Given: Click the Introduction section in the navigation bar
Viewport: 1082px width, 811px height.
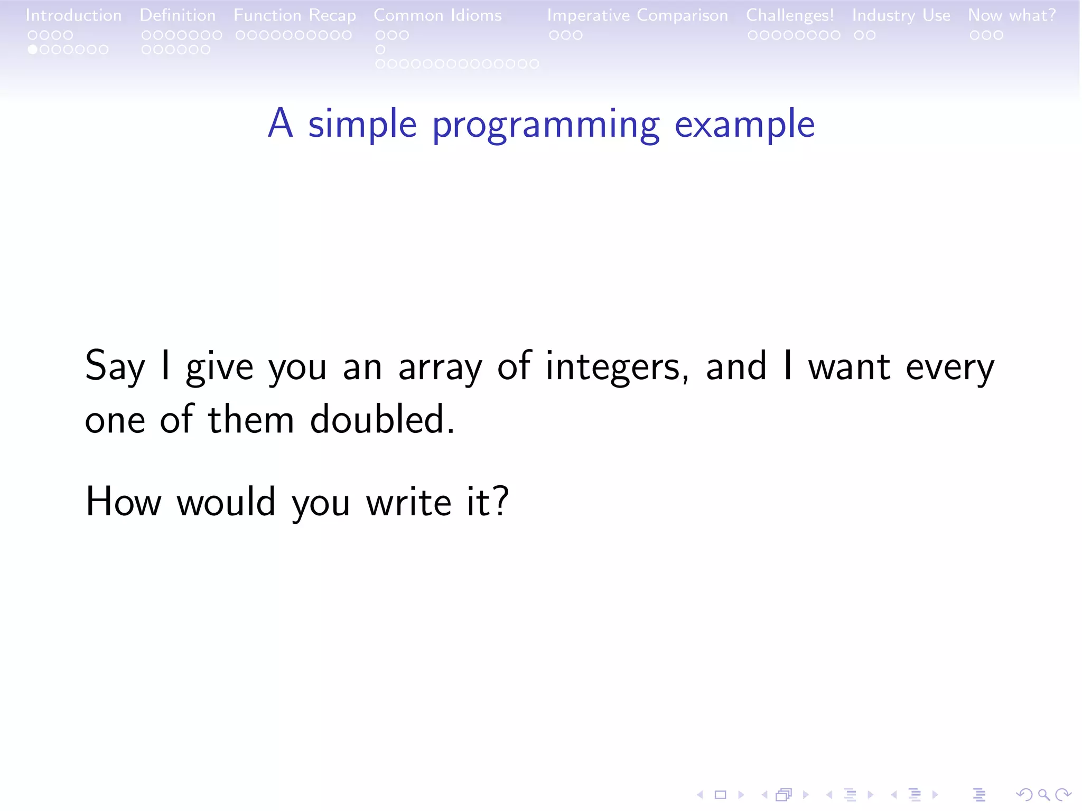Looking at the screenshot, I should coord(73,15).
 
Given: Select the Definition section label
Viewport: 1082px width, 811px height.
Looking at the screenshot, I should coord(178,15).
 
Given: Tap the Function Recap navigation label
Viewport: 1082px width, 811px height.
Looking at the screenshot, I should coord(295,15).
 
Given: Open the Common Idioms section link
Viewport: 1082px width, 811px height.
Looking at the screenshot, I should coord(437,15).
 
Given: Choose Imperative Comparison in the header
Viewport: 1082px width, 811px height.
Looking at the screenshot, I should coord(637,15).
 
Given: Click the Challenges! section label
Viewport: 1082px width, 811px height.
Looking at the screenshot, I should coord(790,15).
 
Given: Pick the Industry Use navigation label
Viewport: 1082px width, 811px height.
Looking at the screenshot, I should coord(901,15).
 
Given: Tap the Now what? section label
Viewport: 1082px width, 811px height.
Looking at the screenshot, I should coord(1012,15).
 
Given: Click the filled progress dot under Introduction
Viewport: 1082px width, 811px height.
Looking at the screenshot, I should coord(33,50).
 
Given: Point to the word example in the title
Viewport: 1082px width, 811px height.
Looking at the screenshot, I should coord(744,125).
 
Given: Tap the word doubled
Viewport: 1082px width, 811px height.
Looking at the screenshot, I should coord(381,420).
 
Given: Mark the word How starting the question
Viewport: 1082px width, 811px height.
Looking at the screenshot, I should coord(123,502).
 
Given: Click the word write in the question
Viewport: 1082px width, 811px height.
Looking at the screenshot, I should coord(408,502).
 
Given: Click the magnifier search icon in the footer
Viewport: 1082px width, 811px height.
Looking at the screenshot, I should coord(1043,795).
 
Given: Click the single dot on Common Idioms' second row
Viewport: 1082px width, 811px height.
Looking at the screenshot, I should coord(380,50).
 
